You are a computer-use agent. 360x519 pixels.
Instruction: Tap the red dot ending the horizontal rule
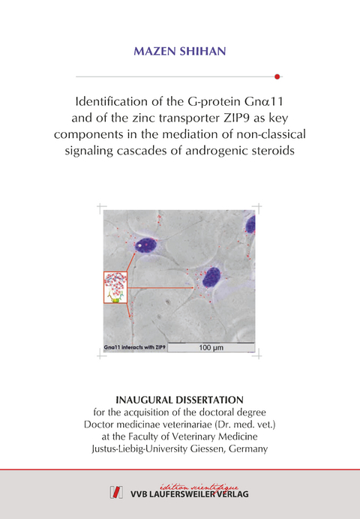(x=277, y=76)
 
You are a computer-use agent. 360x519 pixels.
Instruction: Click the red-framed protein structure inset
(x=115, y=287)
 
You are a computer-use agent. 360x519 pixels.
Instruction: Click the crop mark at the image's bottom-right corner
(x=258, y=355)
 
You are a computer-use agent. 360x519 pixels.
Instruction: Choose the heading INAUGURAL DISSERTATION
(x=180, y=399)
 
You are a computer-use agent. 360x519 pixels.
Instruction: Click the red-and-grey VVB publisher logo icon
(x=117, y=492)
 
